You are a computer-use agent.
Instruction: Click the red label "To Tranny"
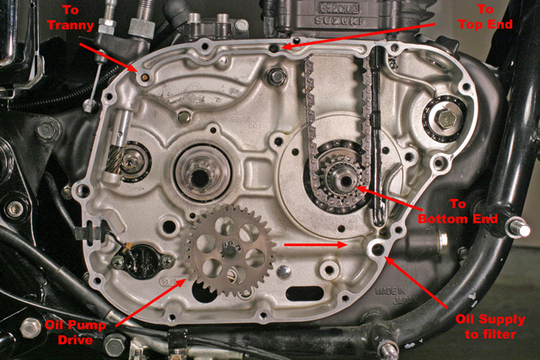pyautogui.click(x=71, y=18)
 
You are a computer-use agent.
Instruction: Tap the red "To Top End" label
pyautogui.click(x=485, y=17)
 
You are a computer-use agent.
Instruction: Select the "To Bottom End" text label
pyautogui.click(x=458, y=212)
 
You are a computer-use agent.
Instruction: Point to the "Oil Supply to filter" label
pyautogui.click(x=490, y=326)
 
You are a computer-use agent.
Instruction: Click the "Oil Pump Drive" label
pyautogui.click(x=75, y=332)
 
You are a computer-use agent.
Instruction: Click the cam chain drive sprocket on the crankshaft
pyautogui.click(x=339, y=179)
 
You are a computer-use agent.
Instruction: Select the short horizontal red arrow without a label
pyautogui.click(x=315, y=244)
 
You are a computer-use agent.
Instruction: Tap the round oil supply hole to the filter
pyautogui.click(x=378, y=249)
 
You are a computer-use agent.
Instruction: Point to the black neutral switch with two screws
pyautogui.click(x=143, y=261)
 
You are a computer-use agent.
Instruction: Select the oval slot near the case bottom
pyautogui.click(x=305, y=293)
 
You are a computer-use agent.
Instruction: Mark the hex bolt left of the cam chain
pyautogui.click(x=276, y=77)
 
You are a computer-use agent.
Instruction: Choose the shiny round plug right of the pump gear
pyautogui.click(x=283, y=271)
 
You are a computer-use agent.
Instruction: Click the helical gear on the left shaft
pyautogui.click(x=116, y=159)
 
